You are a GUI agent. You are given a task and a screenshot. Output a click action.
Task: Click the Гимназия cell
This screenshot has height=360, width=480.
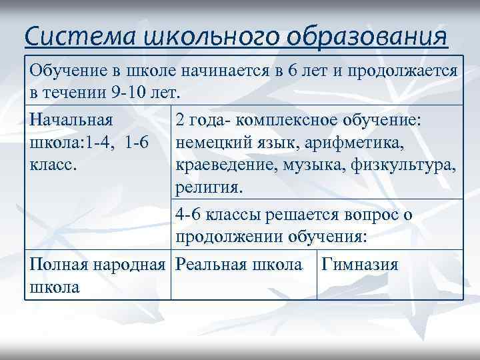360,265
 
